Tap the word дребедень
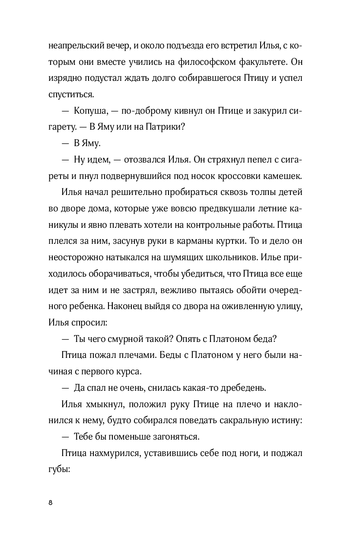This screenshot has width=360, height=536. click(x=232, y=388)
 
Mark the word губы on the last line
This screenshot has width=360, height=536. click(x=61, y=469)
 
